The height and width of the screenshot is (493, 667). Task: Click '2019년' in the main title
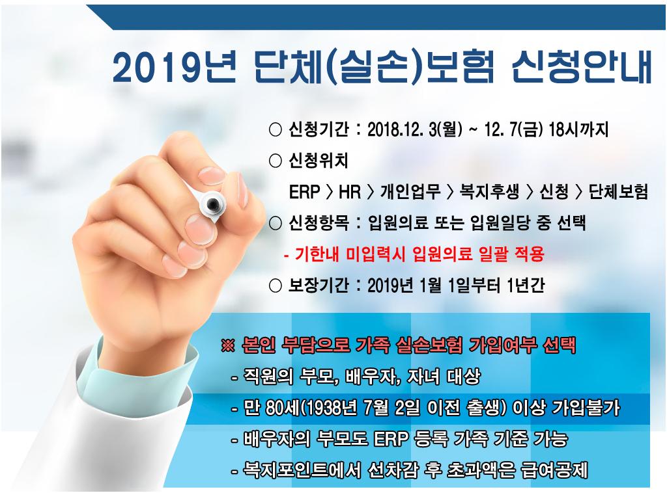point(174,68)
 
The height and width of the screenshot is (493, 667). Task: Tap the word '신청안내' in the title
point(582,67)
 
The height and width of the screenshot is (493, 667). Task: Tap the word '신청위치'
point(318,161)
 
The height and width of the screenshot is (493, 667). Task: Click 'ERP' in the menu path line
point(304,192)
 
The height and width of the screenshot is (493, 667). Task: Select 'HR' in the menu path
point(350,192)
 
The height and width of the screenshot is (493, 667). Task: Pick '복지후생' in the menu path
point(489,192)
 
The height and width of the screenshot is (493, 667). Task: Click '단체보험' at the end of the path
point(618,192)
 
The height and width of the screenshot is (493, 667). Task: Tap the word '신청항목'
point(319,223)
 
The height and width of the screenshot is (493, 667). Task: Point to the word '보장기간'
point(319,286)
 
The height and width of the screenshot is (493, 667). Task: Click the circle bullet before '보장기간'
point(276,286)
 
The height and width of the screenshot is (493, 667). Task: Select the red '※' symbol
point(228,345)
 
